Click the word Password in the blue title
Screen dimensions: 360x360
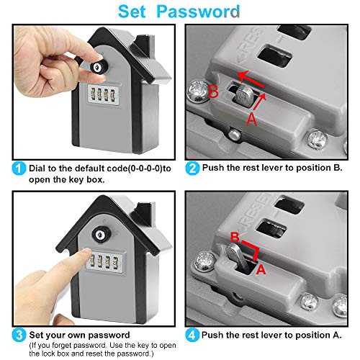(198, 12)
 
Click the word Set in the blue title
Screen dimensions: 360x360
(132, 12)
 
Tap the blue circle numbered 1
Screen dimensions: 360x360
(19, 168)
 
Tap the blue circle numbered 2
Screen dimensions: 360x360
(192, 168)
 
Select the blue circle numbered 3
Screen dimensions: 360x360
(19, 335)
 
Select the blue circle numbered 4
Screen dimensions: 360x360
(192, 335)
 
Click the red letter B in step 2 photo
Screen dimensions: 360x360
(213, 91)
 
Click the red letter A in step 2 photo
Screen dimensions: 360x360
(251, 119)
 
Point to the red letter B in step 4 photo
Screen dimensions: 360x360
(235, 238)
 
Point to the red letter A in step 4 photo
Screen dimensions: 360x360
(261, 269)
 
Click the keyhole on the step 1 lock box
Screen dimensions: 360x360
(96, 67)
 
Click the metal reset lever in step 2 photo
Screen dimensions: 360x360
(244, 96)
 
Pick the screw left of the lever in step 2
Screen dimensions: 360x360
(198, 91)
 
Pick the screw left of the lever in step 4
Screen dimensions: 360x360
(206, 261)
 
